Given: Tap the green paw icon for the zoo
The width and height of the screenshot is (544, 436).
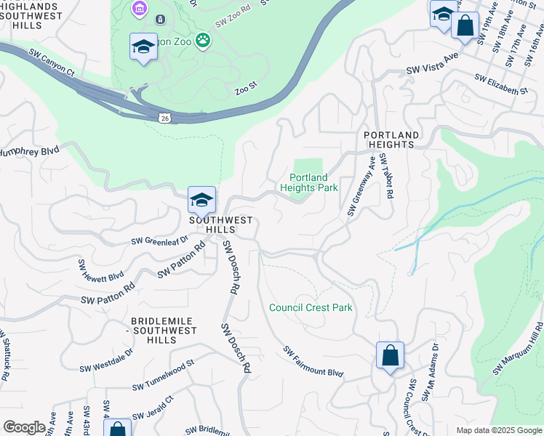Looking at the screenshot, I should (x=203, y=41).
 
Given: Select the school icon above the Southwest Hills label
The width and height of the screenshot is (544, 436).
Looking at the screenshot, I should (x=201, y=200).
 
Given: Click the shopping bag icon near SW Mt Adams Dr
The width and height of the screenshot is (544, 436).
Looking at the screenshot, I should (x=390, y=356).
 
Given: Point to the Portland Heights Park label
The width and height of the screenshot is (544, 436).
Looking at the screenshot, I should (x=309, y=182).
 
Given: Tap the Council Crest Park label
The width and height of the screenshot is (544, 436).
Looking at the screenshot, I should (x=311, y=307).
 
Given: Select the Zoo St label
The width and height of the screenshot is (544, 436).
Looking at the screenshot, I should (x=246, y=86).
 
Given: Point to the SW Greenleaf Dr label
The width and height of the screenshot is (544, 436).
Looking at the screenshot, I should (x=159, y=239).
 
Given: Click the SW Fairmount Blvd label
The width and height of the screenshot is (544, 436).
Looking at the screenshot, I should (x=313, y=362).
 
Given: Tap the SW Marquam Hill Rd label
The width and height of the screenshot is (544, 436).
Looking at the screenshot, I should (x=518, y=349).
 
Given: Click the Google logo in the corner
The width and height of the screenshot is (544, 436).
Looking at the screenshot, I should (x=24, y=427).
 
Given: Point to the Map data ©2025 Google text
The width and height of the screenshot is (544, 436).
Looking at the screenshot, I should (x=497, y=430).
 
